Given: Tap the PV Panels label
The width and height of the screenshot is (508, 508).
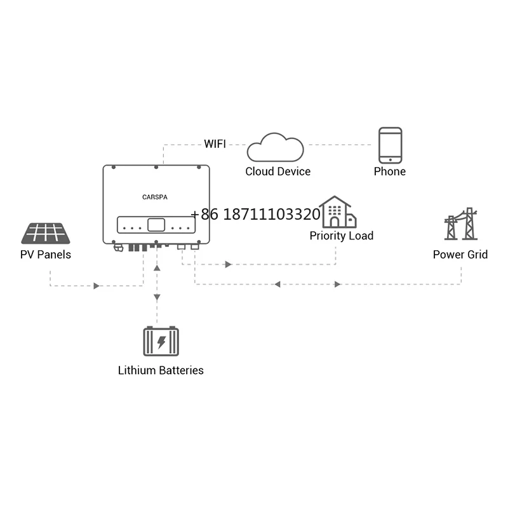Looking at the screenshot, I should [46, 255].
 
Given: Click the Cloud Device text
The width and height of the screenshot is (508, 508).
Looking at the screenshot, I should [278, 171].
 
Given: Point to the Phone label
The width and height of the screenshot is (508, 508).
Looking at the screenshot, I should [390, 171].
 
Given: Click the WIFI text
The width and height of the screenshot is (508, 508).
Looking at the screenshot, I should [215, 144].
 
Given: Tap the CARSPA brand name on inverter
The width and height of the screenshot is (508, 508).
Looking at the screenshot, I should [156, 197].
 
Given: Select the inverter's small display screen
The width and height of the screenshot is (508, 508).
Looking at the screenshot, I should [156, 225].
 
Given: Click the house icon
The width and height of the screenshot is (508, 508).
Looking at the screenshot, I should [338, 212].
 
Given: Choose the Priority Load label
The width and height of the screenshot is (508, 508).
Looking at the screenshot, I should [342, 236].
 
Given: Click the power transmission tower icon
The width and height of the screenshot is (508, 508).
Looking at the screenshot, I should [460, 224].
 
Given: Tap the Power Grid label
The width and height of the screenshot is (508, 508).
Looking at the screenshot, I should [460, 255].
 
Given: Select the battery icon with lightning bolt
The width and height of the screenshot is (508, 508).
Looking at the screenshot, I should [161, 342].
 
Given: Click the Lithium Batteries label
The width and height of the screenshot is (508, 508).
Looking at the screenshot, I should [161, 370].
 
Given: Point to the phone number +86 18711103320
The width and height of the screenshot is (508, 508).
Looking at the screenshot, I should [255, 215].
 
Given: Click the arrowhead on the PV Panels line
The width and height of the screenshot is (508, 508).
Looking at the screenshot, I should [97, 286].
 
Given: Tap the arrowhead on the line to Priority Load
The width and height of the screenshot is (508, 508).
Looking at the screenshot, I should [229, 264].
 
